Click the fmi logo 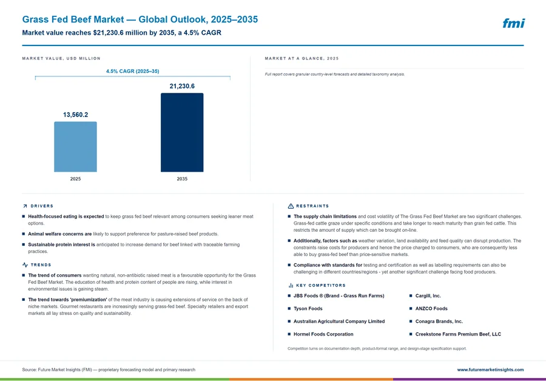513,23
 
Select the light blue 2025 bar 75,147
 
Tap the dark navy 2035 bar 182,132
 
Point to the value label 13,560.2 76,115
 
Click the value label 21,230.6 182,86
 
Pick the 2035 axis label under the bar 182,178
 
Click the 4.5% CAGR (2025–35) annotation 133,71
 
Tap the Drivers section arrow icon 25,206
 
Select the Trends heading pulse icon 25,265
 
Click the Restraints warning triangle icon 291,206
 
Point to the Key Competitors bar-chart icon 291,286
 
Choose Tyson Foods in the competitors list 308,309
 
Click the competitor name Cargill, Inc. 428,295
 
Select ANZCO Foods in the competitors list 431,309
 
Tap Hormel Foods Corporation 323,334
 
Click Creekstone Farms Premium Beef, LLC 458,334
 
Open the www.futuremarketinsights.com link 490,369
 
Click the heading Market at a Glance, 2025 302,58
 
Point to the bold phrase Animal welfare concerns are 60,234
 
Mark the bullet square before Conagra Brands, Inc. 411,321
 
